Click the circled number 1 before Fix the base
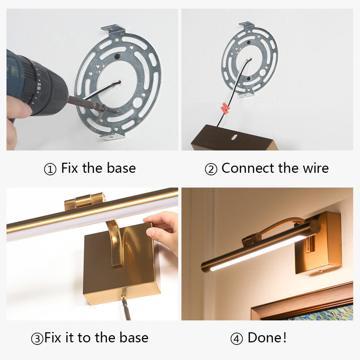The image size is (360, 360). click(x=50, y=169)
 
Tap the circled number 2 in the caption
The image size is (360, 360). click(x=211, y=169)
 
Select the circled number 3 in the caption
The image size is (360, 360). click(x=37, y=339)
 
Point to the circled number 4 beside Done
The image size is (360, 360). click(x=237, y=339)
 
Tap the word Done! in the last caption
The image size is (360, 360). click(x=267, y=338)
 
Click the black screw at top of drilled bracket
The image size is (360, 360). click(x=117, y=56)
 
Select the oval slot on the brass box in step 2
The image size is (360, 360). click(x=234, y=137)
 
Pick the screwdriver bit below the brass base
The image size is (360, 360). click(x=126, y=309)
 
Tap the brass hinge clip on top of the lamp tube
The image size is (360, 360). click(x=85, y=201)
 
